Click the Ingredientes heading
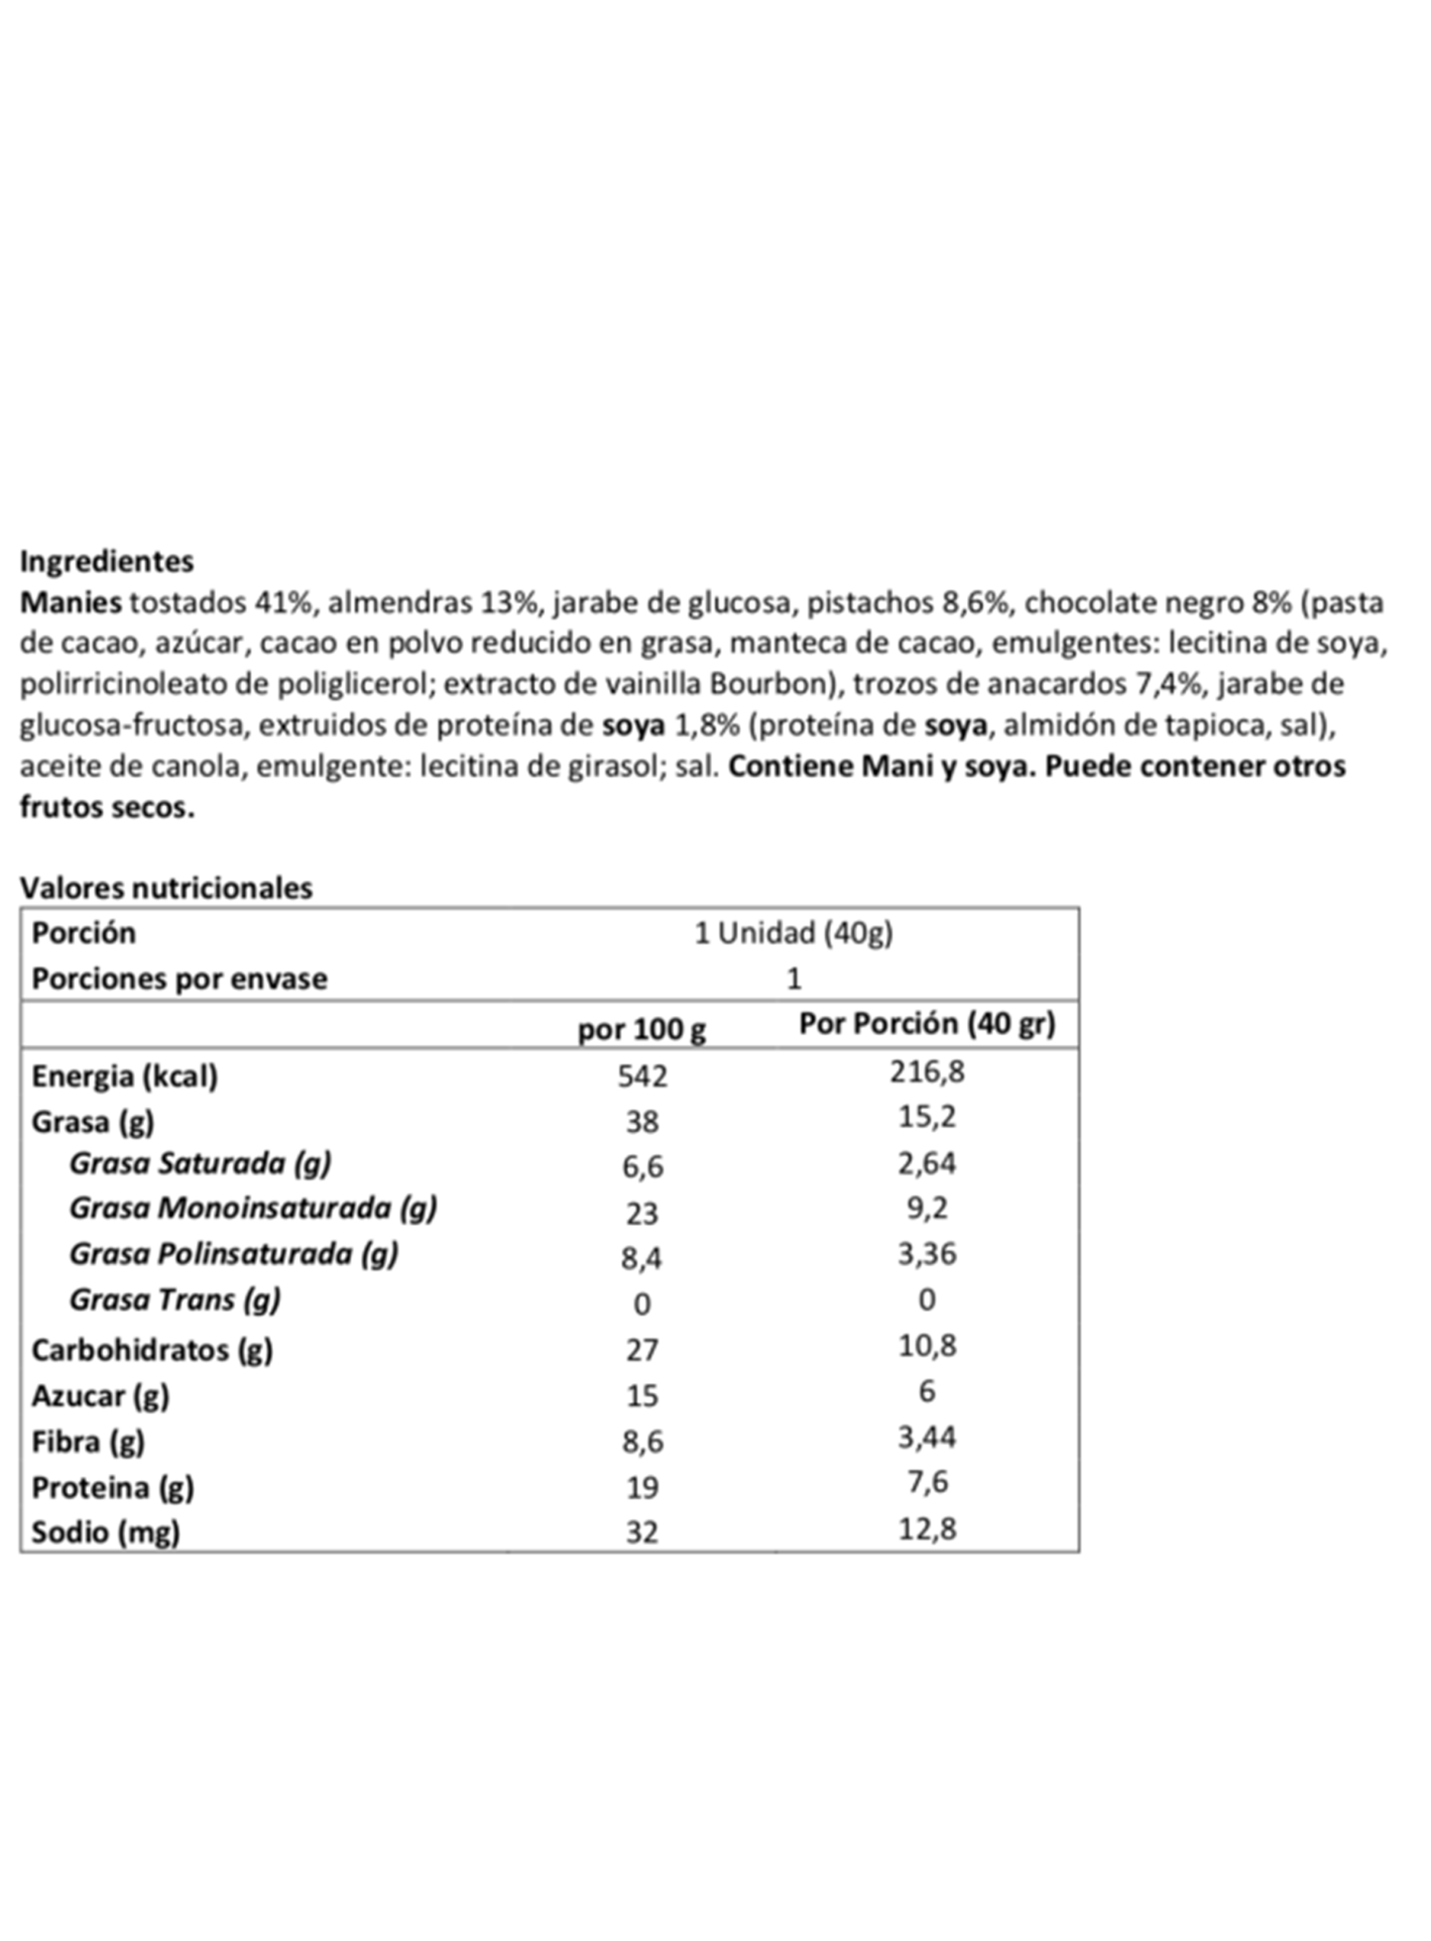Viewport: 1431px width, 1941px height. tap(106, 561)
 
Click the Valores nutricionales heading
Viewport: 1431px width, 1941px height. tap(165, 887)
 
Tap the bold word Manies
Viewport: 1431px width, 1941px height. tap(71, 602)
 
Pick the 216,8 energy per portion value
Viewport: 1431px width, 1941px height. tap(927, 1071)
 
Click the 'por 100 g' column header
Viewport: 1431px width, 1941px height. tap(642, 1030)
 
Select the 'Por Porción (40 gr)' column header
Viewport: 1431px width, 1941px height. tap(927, 1024)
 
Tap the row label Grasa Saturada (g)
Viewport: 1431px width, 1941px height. tap(200, 1163)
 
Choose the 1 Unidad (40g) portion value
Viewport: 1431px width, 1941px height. tap(793, 933)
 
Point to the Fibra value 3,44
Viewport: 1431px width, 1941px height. tap(927, 1437)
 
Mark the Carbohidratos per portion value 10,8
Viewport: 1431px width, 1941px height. tap(927, 1345)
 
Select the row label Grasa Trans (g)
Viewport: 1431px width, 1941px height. tap(175, 1300)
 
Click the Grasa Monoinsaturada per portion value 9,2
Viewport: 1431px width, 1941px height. tap(927, 1209)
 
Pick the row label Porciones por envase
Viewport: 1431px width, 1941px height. tap(179, 979)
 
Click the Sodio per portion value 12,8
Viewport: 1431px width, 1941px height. tap(927, 1529)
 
